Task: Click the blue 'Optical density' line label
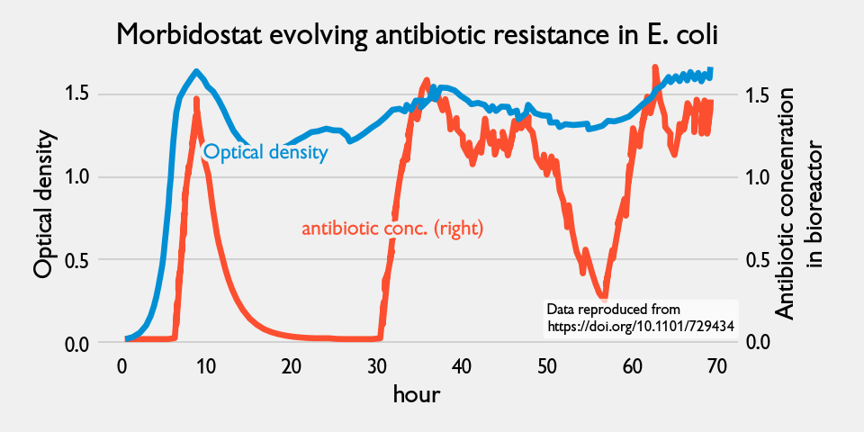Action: tap(265, 152)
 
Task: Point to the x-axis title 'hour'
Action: tap(416, 394)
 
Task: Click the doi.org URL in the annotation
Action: tap(641, 326)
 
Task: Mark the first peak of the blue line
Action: tap(196, 71)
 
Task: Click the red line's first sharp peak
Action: tap(196, 100)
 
